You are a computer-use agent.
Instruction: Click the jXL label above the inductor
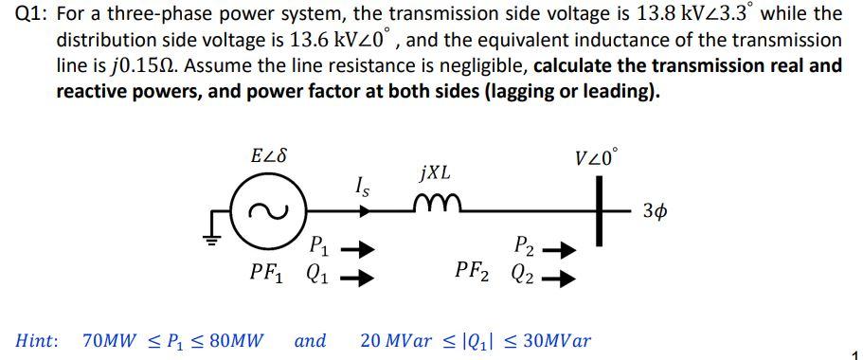tap(433, 173)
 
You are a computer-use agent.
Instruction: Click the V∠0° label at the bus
tap(597, 158)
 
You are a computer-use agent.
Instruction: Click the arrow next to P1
tap(353, 251)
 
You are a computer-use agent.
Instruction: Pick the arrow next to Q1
tap(353, 277)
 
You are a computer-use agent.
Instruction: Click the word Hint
tap(36, 339)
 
